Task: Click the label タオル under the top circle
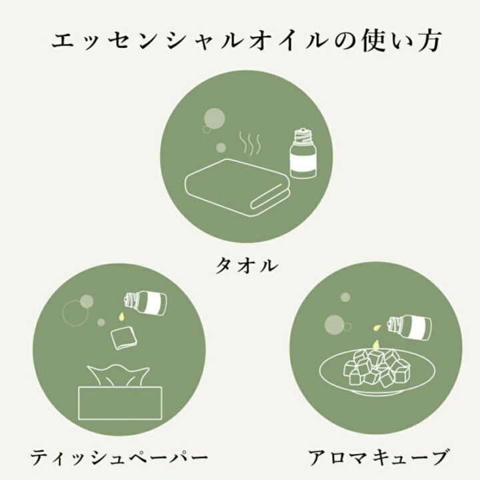247,265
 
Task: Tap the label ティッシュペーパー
119,457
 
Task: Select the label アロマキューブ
379,457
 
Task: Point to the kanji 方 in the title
428,41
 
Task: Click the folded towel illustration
237,187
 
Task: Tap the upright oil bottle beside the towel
303,153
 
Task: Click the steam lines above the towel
250,143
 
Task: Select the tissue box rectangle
120,403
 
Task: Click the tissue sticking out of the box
118,375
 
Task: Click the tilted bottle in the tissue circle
146,303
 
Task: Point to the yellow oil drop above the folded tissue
121,317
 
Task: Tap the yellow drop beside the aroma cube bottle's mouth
376,328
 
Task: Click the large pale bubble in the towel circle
215,118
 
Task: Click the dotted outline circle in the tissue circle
75,313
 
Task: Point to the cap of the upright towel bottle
303,135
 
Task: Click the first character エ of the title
64,41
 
